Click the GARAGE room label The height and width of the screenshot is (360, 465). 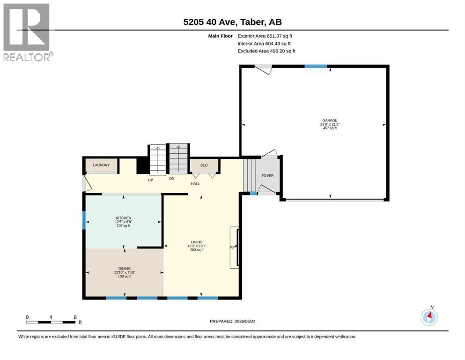coord(330,120)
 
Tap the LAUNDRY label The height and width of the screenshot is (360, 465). coord(101,165)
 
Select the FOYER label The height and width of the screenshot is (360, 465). coord(267,176)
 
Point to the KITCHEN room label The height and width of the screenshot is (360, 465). coord(123,218)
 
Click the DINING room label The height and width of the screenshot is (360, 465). coord(125,269)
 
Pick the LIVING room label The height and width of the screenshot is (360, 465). coord(197,242)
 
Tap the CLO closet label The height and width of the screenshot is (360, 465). coord(204,165)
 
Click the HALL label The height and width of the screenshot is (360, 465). coord(195,184)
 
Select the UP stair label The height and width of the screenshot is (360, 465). coord(151,180)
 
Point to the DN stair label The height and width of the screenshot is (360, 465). coord(172,179)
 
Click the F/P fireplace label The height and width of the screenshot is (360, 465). coord(233,247)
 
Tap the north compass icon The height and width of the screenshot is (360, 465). coord(429,317)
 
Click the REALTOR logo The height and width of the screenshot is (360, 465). coord(28,32)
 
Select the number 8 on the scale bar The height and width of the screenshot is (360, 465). coord(75,317)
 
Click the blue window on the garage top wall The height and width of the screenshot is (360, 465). coord(316,66)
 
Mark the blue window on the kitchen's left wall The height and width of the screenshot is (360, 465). coord(84,220)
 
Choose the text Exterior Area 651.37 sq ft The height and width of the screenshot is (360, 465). coord(265,36)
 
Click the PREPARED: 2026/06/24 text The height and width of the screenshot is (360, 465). coord(232,321)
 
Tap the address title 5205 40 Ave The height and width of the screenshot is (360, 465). coord(210,22)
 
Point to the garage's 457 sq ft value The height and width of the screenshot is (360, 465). coord(330,128)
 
